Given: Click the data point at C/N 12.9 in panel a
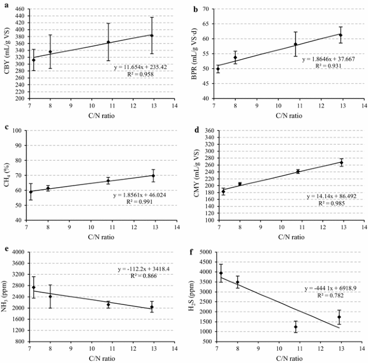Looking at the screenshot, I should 152,35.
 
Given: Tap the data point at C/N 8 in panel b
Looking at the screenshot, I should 235,58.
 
